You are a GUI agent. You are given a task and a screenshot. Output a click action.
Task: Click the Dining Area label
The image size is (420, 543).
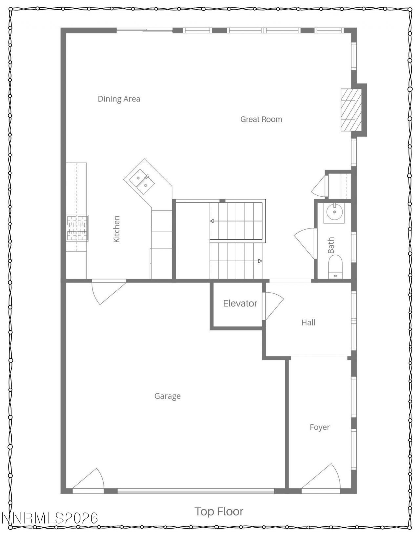click(119, 99)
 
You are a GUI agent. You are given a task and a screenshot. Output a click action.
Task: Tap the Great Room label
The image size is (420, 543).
click(261, 119)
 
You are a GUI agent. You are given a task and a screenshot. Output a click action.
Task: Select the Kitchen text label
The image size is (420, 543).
click(116, 229)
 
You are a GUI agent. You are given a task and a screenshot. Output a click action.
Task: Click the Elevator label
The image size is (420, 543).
click(240, 303)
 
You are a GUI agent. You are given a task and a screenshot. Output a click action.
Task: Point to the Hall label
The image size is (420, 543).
click(308, 322)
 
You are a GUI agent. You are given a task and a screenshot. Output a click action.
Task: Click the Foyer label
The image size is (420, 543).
click(320, 427)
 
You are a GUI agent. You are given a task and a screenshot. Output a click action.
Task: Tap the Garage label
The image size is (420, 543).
click(167, 396)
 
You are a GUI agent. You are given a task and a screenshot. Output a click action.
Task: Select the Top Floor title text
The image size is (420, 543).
click(219, 511)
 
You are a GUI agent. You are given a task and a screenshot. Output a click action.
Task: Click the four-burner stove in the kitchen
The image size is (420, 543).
click(77, 228)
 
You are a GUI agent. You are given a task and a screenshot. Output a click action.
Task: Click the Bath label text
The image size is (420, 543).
click(331, 245)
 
